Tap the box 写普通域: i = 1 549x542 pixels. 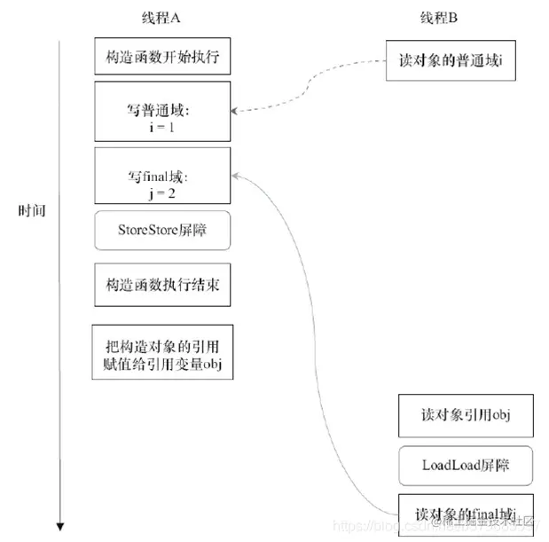[163, 112]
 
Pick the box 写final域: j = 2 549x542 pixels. [163, 177]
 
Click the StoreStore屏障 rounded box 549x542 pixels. [163, 231]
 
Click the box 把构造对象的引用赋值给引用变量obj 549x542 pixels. [163, 351]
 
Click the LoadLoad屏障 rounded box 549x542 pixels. [466, 465]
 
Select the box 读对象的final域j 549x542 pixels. [466, 514]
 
